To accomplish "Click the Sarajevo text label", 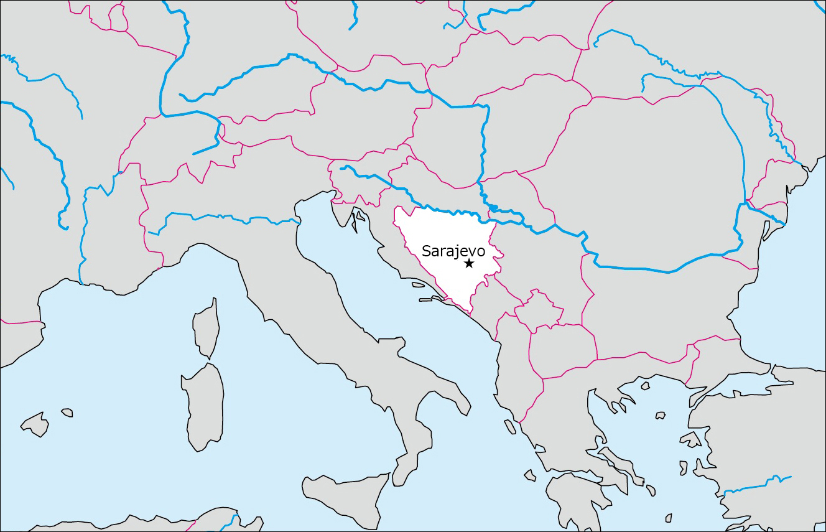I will [453, 251].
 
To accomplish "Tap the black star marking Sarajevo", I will [469, 264].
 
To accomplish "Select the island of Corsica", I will [206, 330].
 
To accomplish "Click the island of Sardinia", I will [203, 404].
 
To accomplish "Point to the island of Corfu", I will [509, 427].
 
